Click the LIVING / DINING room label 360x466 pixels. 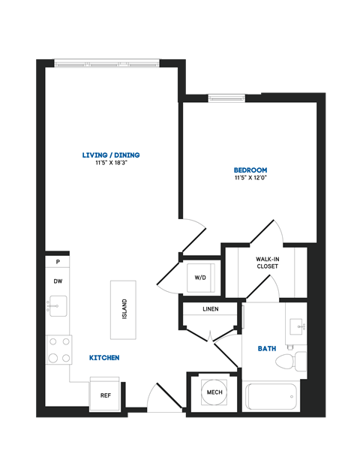(111, 155)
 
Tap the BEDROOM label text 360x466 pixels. (250, 170)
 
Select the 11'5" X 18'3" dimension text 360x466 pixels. (111, 163)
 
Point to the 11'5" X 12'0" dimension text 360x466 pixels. (250, 179)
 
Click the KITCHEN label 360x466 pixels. (104, 358)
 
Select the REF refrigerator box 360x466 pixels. (105, 395)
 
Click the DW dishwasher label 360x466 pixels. (57, 281)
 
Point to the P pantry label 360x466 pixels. (57, 262)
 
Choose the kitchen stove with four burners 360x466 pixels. (59, 348)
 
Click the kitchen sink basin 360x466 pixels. (58, 305)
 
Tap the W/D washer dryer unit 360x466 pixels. (200, 278)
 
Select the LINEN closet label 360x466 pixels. (211, 309)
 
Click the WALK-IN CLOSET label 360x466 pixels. (267, 262)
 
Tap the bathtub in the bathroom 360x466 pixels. (271, 395)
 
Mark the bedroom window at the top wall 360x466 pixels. (226, 97)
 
